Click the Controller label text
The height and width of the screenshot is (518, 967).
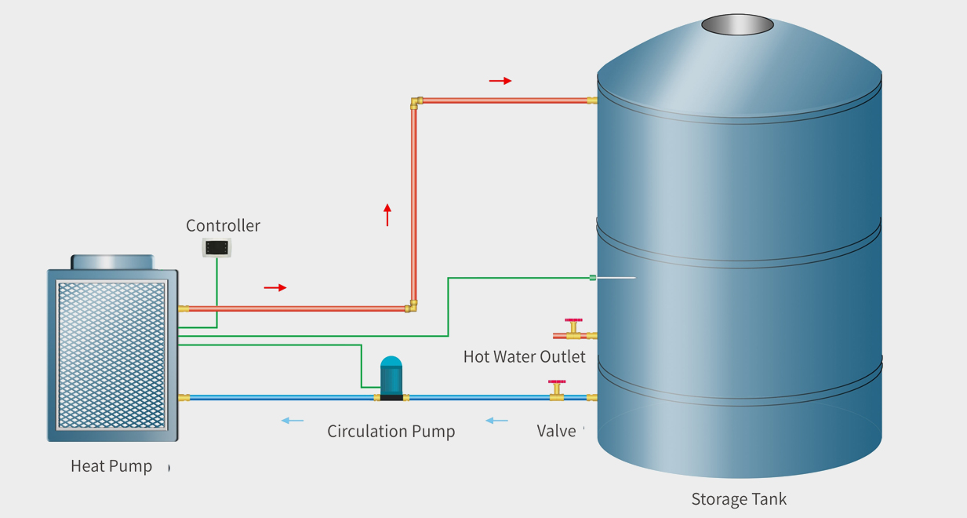coord(223,226)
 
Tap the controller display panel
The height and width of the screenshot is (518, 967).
coord(217,248)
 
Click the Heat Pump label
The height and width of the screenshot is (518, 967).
coord(111,466)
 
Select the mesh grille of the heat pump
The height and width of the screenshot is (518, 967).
coord(111,355)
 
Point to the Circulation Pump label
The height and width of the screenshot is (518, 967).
coord(391,432)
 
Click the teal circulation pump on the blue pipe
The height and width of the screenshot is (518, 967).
coord(391,378)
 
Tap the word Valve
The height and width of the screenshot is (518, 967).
coord(557,431)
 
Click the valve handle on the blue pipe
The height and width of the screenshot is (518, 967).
coord(557,383)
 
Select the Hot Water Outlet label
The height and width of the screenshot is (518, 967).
coord(524,357)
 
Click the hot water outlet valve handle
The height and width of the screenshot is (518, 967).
coord(573,321)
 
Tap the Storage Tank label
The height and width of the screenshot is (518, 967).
coord(739,499)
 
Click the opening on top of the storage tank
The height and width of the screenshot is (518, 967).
coord(737,24)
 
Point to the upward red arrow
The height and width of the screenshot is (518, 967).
coord(387,214)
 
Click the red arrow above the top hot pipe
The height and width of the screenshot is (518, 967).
coord(500,81)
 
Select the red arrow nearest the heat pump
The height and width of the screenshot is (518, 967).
coord(275,288)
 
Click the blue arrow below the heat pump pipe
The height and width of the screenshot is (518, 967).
coord(293,421)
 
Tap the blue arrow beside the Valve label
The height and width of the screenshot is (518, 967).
coord(496,421)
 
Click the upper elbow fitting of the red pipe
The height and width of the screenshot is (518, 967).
coord(415,101)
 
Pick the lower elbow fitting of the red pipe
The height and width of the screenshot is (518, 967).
coord(412,306)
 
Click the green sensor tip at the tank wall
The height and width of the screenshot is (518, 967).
coord(593,278)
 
